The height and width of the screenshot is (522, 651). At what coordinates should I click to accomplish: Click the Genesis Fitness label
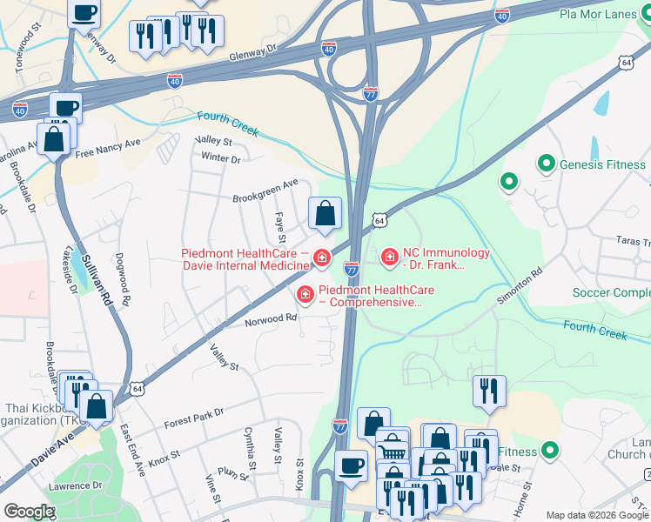point(602,164)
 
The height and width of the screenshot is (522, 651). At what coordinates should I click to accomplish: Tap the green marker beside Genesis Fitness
point(547,164)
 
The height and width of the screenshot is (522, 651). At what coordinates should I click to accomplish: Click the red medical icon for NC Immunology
point(389,256)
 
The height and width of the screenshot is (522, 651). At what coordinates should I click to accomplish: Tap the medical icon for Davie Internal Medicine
point(322,258)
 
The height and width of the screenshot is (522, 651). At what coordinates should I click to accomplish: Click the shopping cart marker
point(392,451)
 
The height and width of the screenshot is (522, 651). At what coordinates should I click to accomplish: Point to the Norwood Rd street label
point(271,319)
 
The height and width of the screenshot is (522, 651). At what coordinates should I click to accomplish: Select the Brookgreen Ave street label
point(265,191)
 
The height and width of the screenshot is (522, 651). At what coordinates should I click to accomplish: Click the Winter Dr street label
point(220,158)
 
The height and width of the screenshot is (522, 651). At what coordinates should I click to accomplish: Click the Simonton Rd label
point(520,284)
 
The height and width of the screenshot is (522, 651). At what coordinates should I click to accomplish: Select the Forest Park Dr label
point(193,418)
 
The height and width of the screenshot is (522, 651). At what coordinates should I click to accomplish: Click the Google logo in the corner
point(28,512)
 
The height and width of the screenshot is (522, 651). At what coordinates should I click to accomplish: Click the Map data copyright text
point(598,515)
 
